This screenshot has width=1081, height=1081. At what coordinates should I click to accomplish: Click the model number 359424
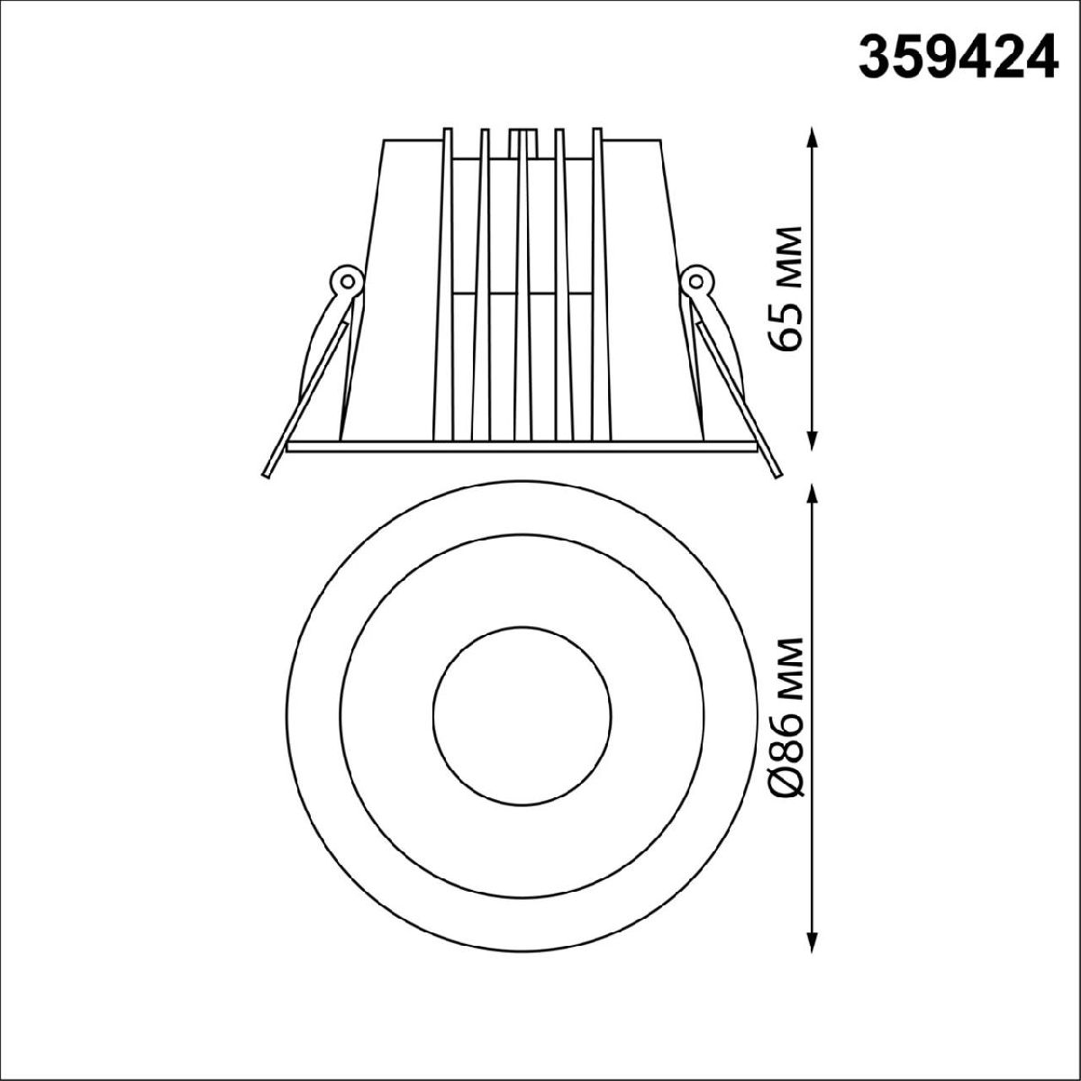[x=958, y=64]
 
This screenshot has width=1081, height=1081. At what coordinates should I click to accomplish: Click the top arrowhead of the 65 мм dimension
[x=813, y=136]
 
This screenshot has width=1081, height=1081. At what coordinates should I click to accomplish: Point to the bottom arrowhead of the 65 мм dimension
[x=813, y=440]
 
